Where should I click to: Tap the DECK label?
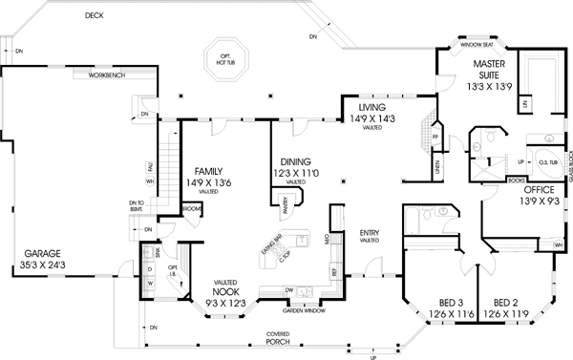[x=94, y=16]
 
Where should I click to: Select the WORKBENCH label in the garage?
[x=106, y=74]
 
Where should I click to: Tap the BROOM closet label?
[x=189, y=207]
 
